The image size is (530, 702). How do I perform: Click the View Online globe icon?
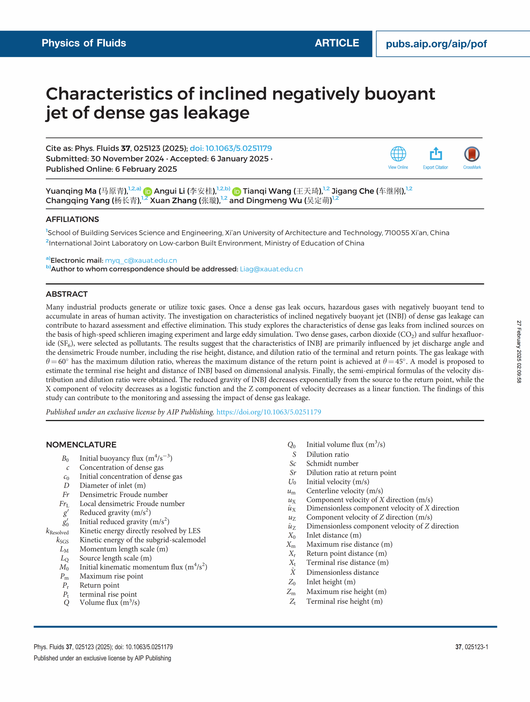(x=398, y=154)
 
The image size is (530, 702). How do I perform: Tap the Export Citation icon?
(x=436, y=154)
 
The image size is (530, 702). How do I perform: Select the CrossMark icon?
(x=472, y=154)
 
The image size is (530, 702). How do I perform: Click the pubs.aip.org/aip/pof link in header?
(x=436, y=44)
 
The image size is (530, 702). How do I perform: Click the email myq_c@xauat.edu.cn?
(x=141, y=261)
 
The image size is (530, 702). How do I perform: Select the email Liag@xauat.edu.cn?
(x=271, y=269)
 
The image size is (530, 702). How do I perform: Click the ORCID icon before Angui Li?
(x=148, y=192)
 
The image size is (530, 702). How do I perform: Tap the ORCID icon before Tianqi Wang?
(x=237, y=192)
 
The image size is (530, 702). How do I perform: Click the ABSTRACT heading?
(x=67, y=294)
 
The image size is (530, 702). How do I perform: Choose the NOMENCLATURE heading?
(x=81, y=445)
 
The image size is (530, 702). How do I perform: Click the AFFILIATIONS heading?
(x=72, y=219)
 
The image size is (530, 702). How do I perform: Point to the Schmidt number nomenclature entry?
(x=332, y=463)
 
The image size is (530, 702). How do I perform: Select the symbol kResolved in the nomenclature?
(x=57, y=531)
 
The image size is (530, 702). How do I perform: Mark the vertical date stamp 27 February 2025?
(x=519, y=352)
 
